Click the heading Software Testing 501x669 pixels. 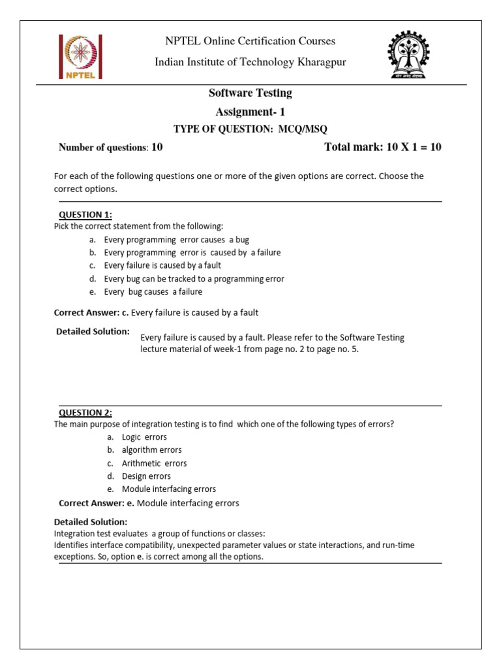pos(250,93)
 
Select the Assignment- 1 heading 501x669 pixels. pos(250,112)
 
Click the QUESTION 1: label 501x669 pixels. pos(85,214)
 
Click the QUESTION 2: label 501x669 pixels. pos(85,412)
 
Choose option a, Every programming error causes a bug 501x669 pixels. pos(176,240)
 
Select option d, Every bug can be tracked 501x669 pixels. pos(194,279)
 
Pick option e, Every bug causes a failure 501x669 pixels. pos(153,292)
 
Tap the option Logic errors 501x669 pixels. pos(144,437)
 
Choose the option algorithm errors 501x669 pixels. pos(151,450)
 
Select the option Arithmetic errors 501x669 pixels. pos(154,463)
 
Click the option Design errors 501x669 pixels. pos(146,476)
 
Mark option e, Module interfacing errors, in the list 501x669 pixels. pos(168,489)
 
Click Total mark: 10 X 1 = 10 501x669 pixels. pos(382,147)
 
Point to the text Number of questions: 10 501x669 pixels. pos(110,147)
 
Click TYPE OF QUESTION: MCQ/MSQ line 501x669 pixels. pos(250,129)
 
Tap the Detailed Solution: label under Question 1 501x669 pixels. pos(93,331)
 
